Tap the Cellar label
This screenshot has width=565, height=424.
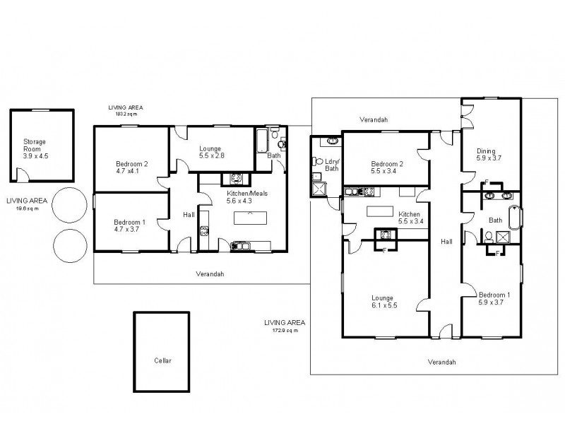tap(162, 360)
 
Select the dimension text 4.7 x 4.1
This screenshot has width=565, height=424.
tap(131, 170)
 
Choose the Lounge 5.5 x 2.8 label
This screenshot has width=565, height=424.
tap(210, 152)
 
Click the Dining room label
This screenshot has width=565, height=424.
tap(485, 151)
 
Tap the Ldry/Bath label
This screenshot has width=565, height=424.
tap(331, 164)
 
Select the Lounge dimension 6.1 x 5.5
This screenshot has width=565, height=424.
tap(386, 305)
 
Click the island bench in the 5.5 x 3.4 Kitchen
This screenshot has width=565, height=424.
tap(379, 211)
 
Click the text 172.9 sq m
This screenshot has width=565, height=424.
tap(281, 330)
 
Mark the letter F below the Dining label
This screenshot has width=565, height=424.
tap(487, 183)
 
